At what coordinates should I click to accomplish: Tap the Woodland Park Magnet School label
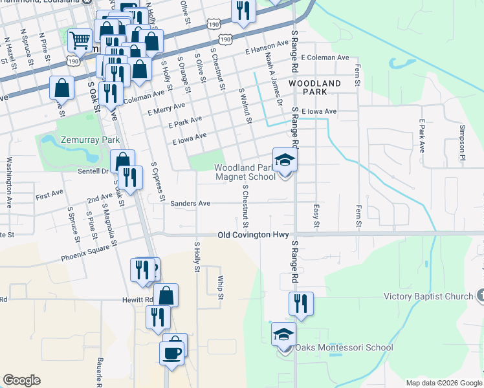pos(245,172)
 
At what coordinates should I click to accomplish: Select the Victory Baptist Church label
pos(429,297)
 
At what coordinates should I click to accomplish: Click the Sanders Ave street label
pos(190,203)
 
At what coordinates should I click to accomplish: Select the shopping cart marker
pos(80,41)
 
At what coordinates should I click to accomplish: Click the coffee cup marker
pos(173,353)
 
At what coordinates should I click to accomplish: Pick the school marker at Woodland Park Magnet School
pos(284,160)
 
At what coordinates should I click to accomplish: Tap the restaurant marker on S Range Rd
pos(301,303)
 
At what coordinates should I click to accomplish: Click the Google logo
pos(21,380)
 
